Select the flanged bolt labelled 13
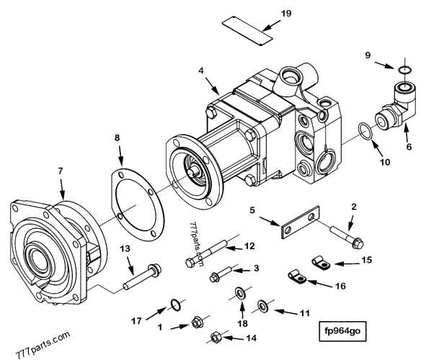(x=138, y=274)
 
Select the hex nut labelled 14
(x=216, y=337)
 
